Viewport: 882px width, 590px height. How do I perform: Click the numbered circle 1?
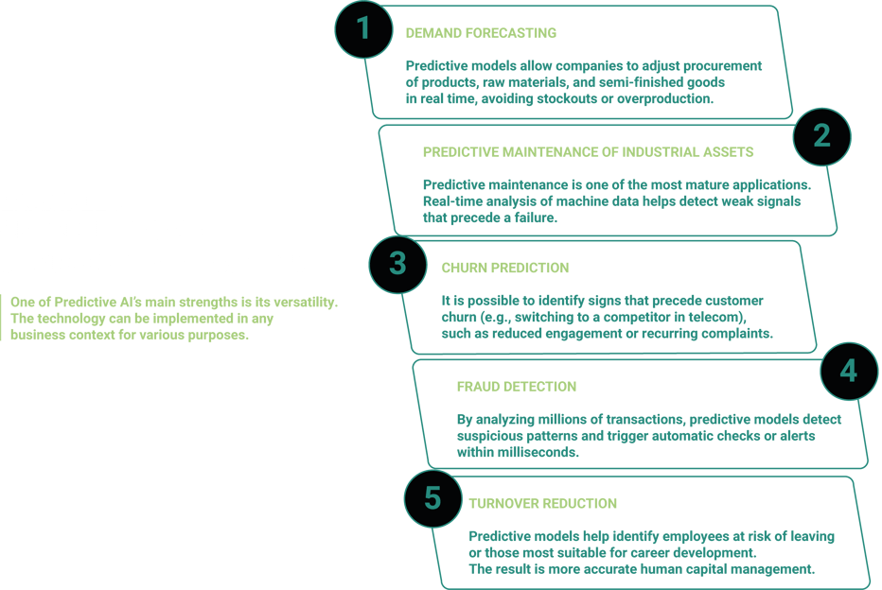point(363,28)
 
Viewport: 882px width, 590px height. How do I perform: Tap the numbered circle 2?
point(821,136)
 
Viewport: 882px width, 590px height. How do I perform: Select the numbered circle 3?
point(397,262)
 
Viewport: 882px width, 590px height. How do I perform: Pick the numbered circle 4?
point(848,371)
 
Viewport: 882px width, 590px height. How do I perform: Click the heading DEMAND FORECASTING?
point(481,33)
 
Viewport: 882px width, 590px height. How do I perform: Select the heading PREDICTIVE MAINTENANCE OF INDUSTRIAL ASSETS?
point(588,151)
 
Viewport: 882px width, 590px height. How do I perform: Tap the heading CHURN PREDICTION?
point(505,268)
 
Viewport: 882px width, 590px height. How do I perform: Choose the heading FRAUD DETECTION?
point(516,387)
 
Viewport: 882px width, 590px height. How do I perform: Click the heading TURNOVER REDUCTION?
point(542,504)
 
